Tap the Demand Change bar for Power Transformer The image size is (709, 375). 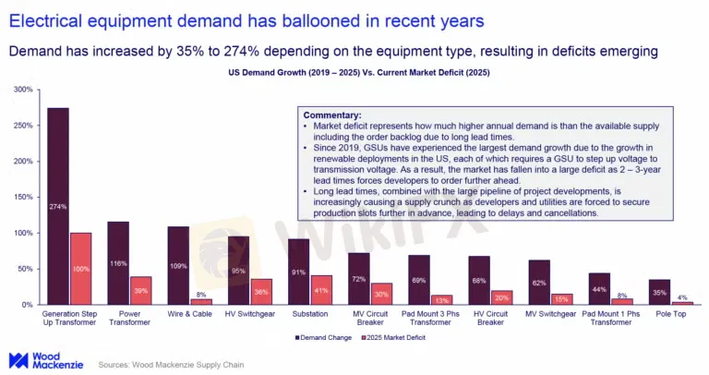[x=118, y=262]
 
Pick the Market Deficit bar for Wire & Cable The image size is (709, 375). [x=201, y=301]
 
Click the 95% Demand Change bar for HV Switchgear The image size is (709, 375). [x=238, y=270]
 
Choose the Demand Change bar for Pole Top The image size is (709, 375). [x=658, y=292]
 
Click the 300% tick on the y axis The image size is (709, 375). [x=23, y=90]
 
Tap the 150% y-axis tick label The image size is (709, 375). [x=23, y=197]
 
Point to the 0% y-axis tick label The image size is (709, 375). [x=27, y=305]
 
